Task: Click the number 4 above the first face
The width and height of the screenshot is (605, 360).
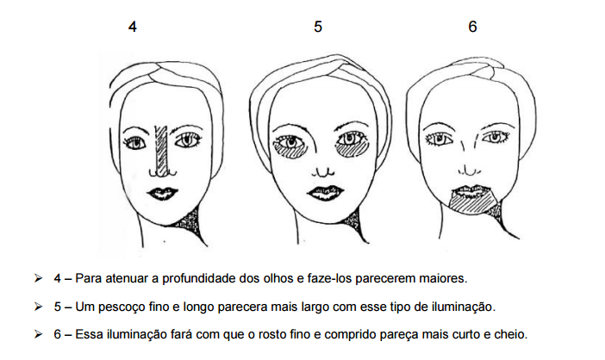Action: [x=133, y=27]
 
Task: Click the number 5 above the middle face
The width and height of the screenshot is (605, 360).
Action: [x=317, y=27]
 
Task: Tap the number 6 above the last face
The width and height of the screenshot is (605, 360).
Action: [x=472, y=26]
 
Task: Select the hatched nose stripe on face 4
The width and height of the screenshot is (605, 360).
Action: [x=162, y=151]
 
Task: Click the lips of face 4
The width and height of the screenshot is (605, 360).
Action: [x=162, y=193]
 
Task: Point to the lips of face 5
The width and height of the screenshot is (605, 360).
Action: [x=326, y=192]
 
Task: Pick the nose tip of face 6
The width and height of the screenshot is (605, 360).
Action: [x=469, y=171]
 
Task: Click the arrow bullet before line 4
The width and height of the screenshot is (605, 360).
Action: [x=38, y=278]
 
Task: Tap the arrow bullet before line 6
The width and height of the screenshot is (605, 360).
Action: [x=38, y=334]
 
